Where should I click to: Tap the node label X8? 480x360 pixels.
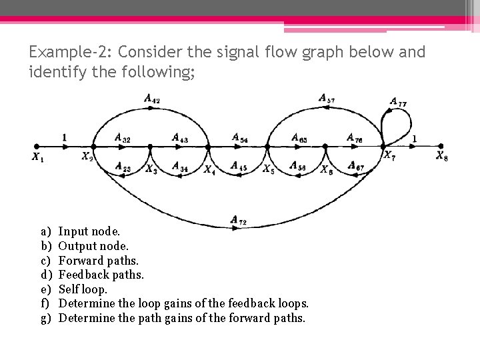(442, 156)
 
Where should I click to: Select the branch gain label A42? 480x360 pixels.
(152, 99)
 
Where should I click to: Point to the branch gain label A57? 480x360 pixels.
(327, 99)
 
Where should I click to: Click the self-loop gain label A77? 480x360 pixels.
(399, 103)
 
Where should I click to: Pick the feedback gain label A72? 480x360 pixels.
(238, 219)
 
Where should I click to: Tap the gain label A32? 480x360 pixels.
(123, 139)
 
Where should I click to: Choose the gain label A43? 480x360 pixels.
(180, 139)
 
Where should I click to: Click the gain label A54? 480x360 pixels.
(240, 138)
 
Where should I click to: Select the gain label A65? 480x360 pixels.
(299, 138)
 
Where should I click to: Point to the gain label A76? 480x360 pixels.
(355, 138)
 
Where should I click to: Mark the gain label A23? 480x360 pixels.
(123, 167)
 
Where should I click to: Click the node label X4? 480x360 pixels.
(209, 169)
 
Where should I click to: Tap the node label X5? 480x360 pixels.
(268, 169)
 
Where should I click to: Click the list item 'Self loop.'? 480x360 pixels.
(83, 289)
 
